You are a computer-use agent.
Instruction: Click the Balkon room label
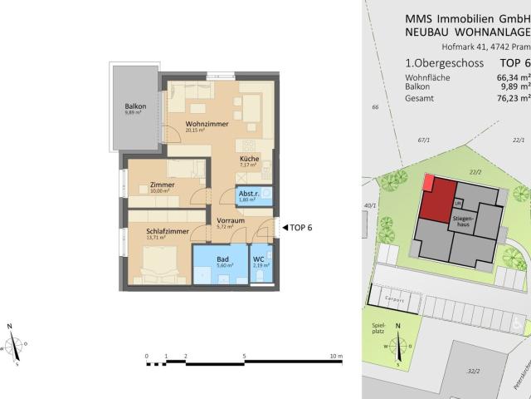coord(136,106)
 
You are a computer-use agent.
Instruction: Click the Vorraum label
coord(227,219)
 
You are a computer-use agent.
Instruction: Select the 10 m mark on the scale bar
coord(336,356)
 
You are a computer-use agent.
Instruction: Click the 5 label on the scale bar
coord(244,356)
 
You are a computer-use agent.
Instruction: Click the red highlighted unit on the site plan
coord(432,199)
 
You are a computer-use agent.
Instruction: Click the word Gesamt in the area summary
coord(418,96)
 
